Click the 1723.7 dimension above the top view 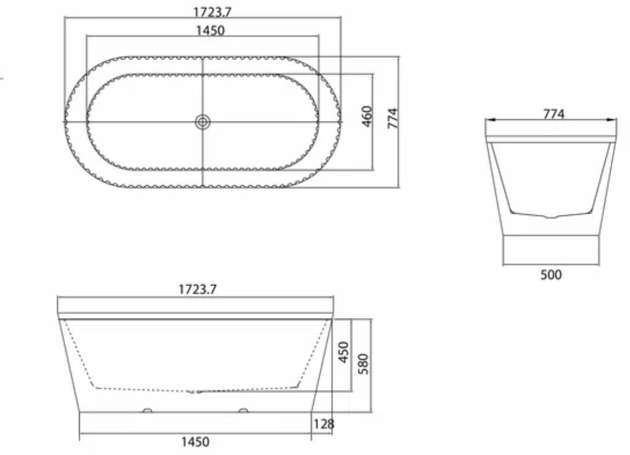[x=212, y=12]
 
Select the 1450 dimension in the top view [x=210, y=31]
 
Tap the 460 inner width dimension [x=367, y=116]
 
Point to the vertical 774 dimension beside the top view [x=392, y=118]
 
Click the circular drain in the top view [x=203, y=122]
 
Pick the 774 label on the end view [x=554, y=114]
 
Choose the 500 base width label [x=551, y=275]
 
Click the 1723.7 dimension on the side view [x=197, y=289]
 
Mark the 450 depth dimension [x=344, y=352]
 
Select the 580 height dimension [x=363, y=364]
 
